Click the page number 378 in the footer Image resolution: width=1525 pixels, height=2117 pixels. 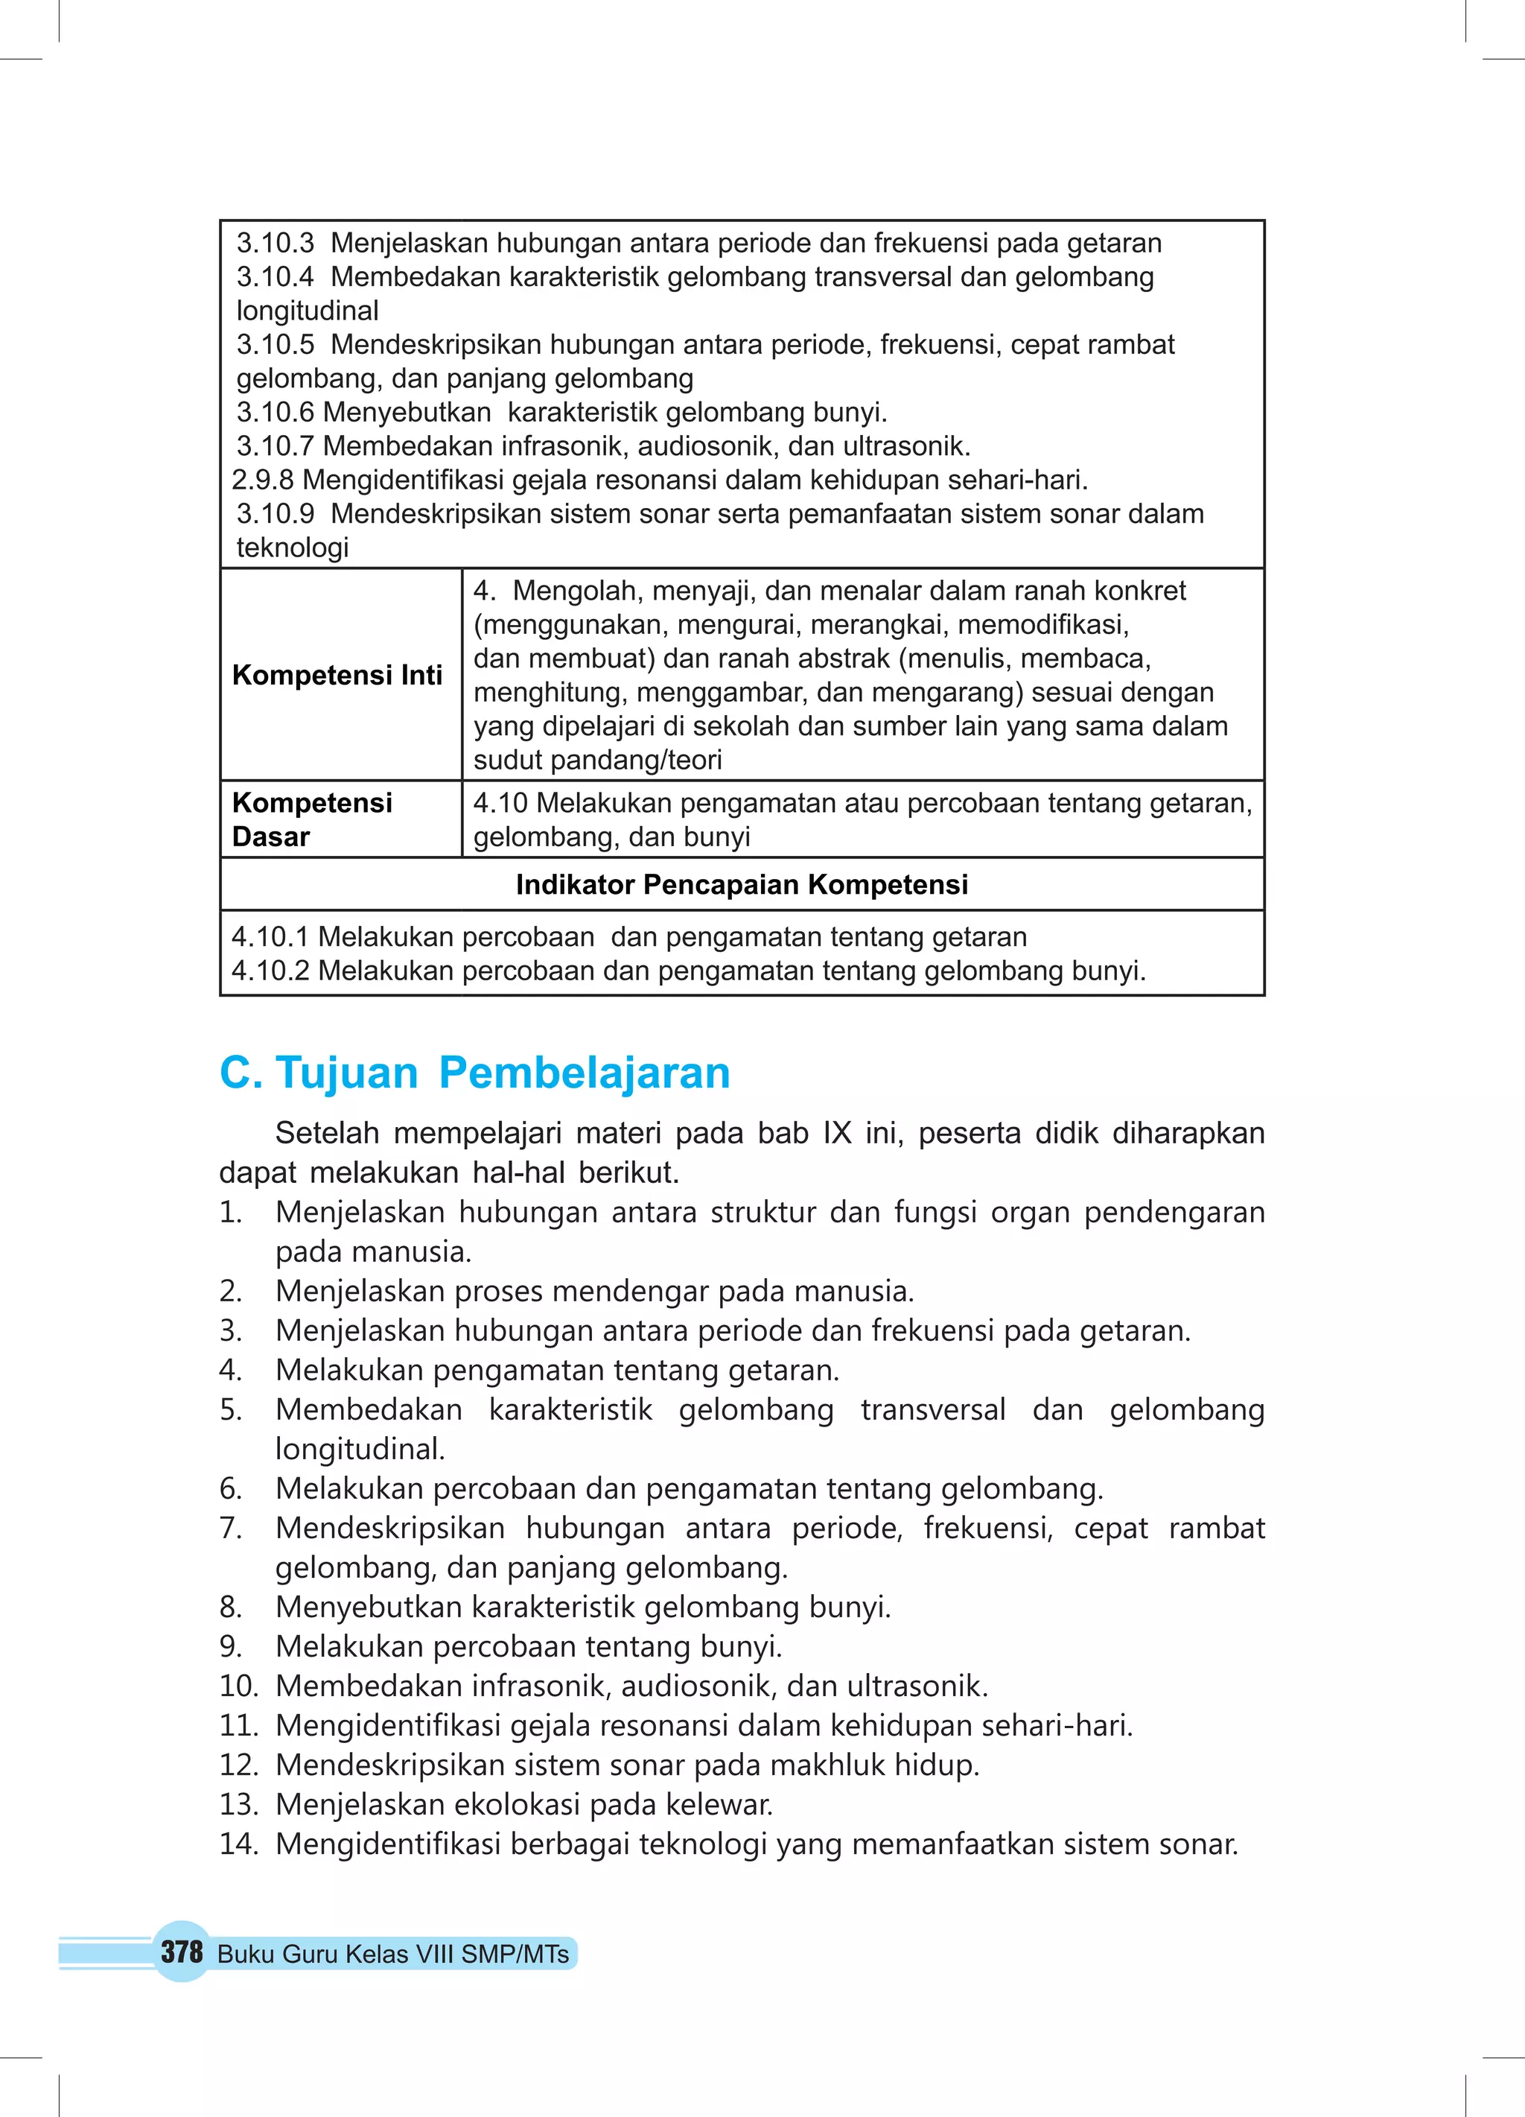181,1951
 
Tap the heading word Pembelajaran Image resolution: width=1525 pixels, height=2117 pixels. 585,1073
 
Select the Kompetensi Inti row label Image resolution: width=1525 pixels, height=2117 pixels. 337,675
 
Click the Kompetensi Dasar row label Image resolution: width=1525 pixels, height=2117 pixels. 312,819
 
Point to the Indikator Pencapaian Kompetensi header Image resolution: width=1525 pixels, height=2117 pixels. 742,884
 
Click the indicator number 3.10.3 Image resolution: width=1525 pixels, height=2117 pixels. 276,244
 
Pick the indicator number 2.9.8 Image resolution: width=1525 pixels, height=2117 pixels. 262,480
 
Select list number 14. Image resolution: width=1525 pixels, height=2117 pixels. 238,1844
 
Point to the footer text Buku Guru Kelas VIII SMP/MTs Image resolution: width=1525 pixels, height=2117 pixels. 393,1954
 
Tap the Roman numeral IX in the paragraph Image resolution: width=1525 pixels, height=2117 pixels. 836,1133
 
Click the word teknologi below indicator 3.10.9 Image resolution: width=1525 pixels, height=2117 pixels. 292,548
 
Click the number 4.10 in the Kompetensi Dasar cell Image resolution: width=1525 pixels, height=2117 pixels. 500,803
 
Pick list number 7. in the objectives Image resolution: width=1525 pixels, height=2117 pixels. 231,1528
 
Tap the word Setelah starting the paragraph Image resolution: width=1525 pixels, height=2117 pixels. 327,1133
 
